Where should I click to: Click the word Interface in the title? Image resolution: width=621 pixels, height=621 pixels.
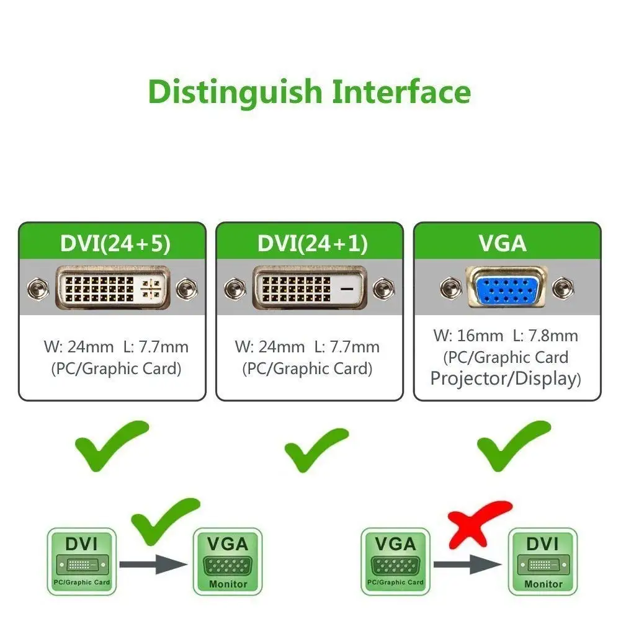pos(401,92)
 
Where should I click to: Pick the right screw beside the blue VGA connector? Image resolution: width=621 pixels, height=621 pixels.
pos(563,287)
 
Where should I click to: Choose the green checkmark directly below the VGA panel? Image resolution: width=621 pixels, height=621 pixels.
pos(512,445)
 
